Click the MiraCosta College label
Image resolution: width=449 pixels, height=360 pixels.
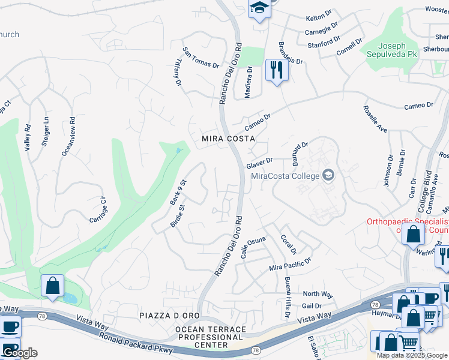[285, 176]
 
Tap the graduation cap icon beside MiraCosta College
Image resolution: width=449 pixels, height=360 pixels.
[328, 175]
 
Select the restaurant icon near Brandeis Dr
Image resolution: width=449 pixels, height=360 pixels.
[277, 70]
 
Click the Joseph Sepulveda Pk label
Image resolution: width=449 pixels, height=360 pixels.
[392, 50]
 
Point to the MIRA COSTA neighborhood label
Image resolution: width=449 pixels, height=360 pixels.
[228, 139]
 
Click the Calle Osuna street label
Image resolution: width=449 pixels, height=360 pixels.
[253, 247]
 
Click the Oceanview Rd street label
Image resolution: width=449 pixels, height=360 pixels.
[68, 136]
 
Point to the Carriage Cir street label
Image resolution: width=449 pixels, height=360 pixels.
[97, 208]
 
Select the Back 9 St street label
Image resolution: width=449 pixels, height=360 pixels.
[178, 192]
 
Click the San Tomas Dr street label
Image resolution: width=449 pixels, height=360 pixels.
[201, 58]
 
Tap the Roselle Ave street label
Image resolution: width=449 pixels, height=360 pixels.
[375, 119]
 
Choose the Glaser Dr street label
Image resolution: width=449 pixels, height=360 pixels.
[259, 162]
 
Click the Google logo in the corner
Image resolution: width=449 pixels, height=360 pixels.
[20, 353]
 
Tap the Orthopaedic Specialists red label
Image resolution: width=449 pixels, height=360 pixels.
[408, 221]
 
